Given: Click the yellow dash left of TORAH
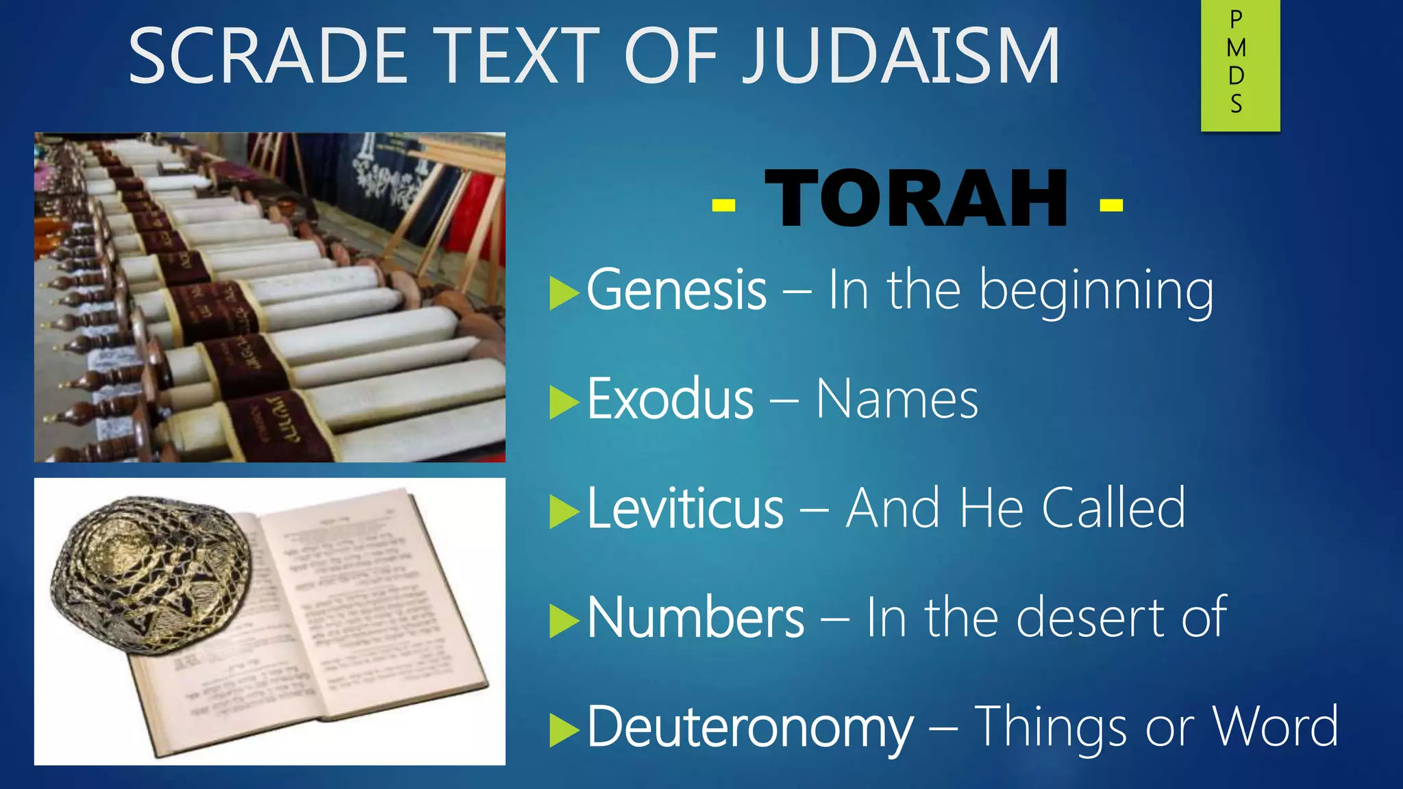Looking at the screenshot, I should click(723, 205).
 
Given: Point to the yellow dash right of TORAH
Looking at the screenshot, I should click(1111, 205).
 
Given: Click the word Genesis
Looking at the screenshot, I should click(676, 290).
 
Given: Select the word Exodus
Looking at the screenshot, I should click(670, 399).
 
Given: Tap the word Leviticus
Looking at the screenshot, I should click(685, 508).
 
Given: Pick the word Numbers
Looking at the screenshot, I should click(695, 618).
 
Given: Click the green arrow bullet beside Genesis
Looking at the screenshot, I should click(564, 293).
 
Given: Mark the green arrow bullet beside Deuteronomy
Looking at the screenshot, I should click(564, 730).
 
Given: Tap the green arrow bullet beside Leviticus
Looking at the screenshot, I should click(564, 512).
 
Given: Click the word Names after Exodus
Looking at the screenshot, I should click(897, 399).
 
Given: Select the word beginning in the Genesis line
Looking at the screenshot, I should click(1096, 291).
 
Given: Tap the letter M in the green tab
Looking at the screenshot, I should click(1237, 48).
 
